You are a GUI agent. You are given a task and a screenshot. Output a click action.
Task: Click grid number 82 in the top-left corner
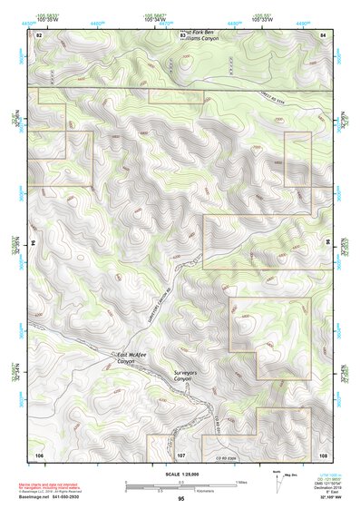point(39,34)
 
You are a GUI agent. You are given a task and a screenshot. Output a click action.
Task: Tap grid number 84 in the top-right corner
point(323,34)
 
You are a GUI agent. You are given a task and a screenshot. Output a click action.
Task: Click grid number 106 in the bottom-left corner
point(39,453)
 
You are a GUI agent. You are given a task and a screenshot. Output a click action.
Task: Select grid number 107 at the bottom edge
point(181,453)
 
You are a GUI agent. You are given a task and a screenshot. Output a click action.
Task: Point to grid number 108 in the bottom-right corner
point(323,453)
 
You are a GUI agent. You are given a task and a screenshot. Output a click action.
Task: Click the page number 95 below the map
point(181,499)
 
